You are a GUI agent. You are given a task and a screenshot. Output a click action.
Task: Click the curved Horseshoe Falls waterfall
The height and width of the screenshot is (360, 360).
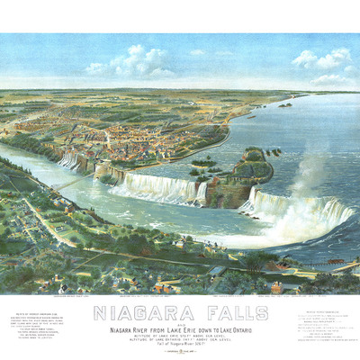tap(297, 211)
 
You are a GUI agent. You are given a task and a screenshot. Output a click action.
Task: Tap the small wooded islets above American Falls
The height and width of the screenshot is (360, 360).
tap(202, 166)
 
